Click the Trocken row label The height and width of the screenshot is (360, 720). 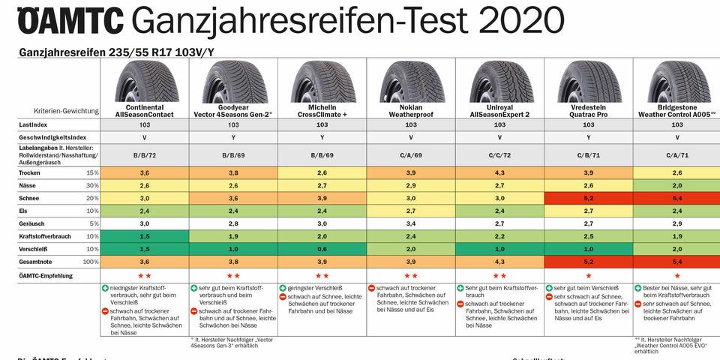31,172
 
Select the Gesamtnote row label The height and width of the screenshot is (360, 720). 37,261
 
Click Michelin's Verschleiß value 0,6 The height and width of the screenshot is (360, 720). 322,248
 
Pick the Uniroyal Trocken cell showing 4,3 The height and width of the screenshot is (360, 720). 499,172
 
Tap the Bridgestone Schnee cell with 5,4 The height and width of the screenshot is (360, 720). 676,197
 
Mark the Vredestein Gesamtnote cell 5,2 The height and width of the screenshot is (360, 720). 588,261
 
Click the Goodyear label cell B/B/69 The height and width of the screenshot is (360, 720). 233,155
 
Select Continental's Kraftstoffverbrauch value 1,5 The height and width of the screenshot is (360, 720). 145,235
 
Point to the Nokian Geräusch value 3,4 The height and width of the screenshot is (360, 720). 410,223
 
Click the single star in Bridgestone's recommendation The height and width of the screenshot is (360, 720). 676,275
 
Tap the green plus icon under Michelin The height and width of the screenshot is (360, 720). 283,288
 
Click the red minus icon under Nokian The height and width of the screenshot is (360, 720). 371,288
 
